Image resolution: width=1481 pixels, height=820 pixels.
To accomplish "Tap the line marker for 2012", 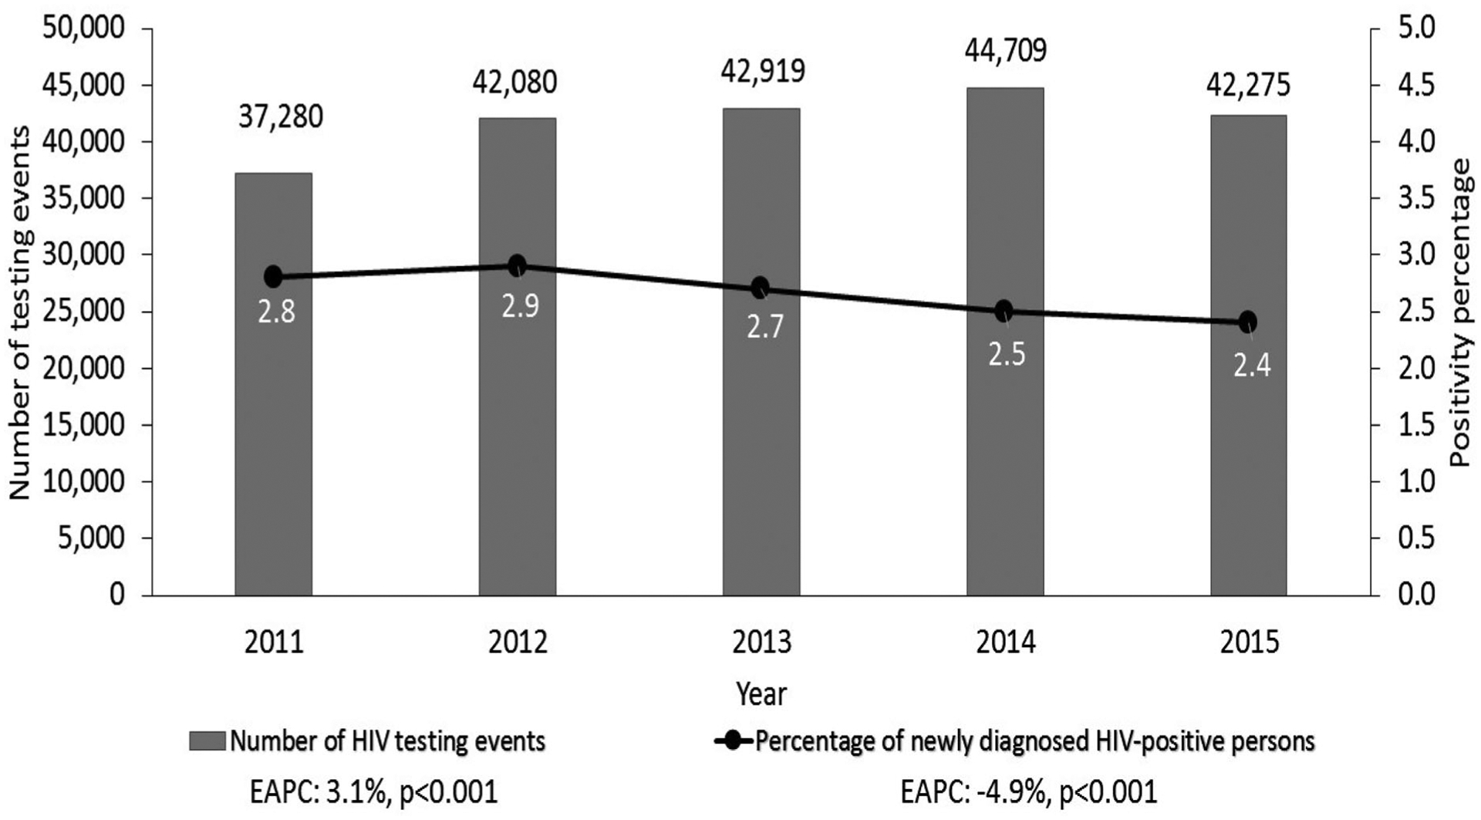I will tap(517, 266).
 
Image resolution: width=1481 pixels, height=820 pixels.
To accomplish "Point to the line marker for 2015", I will tap(1247, 322).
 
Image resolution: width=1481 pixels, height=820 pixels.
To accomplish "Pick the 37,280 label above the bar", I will tap(280, 117).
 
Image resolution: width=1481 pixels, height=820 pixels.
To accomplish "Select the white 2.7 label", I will tap(764, 326).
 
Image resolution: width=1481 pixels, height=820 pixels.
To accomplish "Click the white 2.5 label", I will tap(1007, 354).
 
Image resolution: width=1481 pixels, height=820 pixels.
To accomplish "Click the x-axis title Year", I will tap(761, 693).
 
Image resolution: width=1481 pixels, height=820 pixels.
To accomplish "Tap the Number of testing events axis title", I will tap(21, 312).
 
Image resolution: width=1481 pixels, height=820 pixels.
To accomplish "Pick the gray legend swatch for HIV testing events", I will tap(207, 741).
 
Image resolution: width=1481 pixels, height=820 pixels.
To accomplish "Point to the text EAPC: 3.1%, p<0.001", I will tap(373, 792).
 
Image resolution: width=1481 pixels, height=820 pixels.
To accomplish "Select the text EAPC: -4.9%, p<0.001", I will tap(1028, 792).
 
